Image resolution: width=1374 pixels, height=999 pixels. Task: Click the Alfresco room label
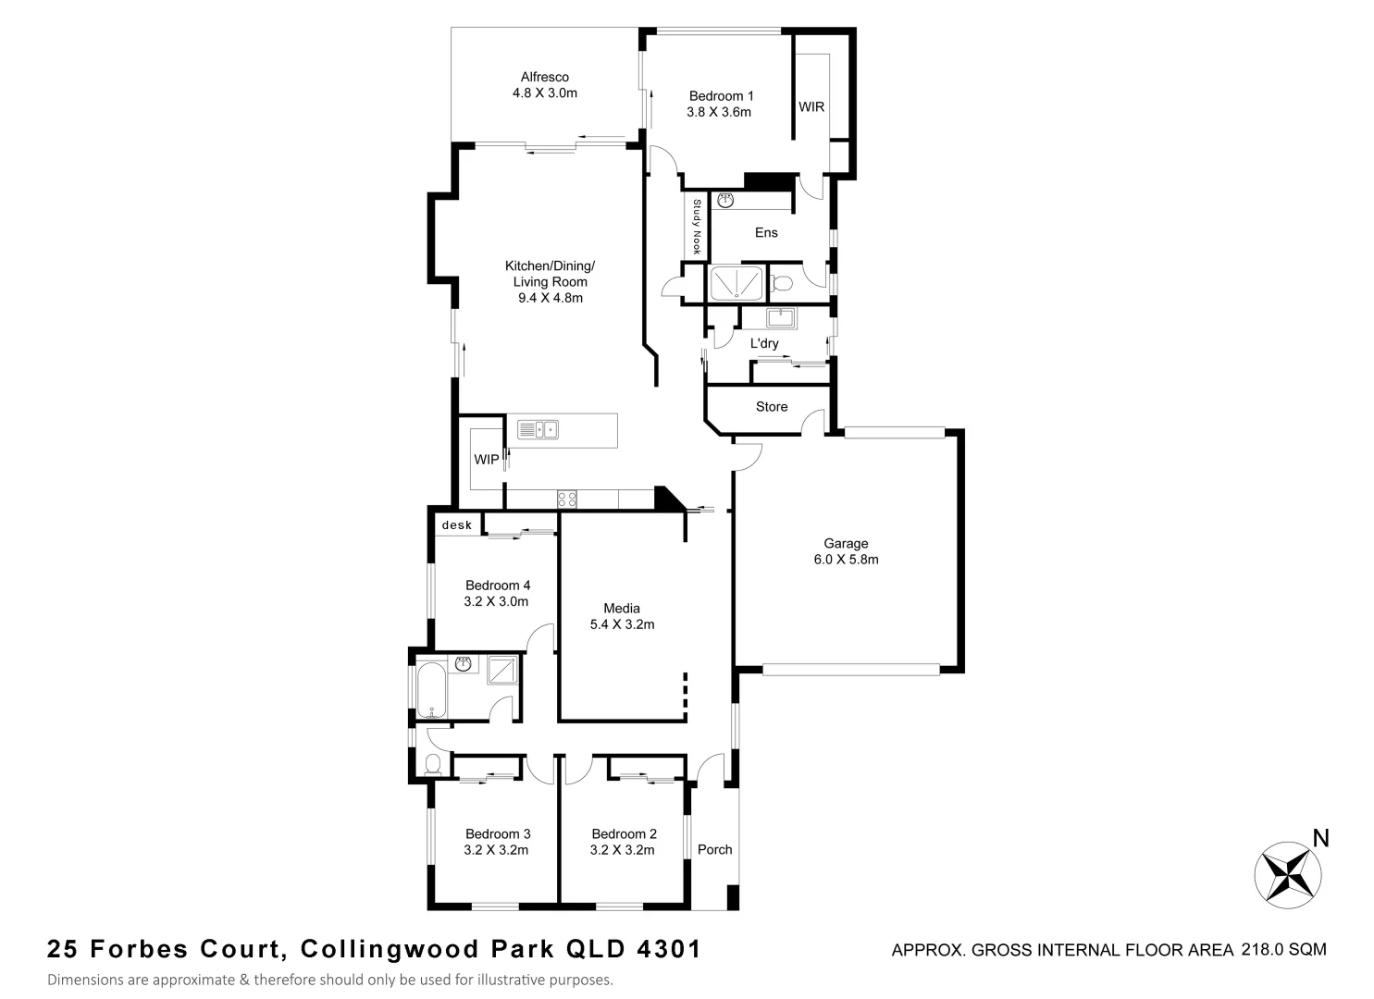coord(544,78)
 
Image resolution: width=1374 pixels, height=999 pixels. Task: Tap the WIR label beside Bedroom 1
coord(811,107)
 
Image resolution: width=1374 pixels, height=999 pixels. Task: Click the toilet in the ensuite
coord(783,282)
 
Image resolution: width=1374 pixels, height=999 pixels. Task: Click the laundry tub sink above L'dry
coord(782,318)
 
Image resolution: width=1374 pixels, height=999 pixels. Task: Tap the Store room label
coord(772,407)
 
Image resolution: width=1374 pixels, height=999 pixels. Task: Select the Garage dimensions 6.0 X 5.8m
coord(846,560)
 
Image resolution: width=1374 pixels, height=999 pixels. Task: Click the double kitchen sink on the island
coord(538,429)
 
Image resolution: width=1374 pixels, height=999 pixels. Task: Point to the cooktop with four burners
coord(567,499)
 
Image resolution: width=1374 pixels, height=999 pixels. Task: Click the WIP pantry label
coord(487,460)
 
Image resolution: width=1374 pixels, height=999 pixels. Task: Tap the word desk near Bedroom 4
coord(457,525)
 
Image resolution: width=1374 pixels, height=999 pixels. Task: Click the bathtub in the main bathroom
coord(431,689)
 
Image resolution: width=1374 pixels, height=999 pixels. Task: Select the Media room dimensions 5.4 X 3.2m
coord(622,624)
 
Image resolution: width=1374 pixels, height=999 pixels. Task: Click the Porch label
coord(714,849)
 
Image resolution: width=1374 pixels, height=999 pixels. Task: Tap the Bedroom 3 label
coord(498,833)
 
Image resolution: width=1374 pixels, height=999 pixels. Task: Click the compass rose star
coord(1287,872)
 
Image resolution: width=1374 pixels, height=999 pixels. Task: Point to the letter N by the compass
coord(1321,839)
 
